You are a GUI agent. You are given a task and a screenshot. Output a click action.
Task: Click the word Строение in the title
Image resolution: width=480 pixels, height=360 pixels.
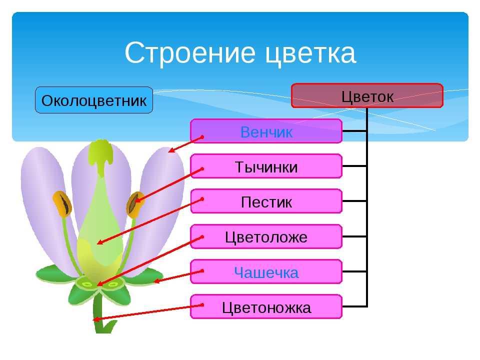[x=190, y=52]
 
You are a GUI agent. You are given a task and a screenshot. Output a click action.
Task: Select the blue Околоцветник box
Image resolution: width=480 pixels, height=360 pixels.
[x=94, y=100]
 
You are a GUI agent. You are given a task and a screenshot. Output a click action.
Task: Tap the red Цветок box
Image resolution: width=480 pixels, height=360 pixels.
[x=367, y=96]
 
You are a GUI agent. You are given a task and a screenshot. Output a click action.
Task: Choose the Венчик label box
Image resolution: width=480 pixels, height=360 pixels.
[x=266, y=131]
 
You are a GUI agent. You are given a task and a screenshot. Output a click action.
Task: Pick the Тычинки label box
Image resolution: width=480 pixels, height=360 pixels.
[x=266, y=166]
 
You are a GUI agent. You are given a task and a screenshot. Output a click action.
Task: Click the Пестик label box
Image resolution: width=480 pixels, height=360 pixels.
[x=266, y=201]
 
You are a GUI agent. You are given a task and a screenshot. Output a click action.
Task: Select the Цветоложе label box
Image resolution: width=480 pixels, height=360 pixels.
[x=266, y=236]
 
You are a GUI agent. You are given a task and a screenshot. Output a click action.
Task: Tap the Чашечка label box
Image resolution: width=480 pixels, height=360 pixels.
[x=266, y=272]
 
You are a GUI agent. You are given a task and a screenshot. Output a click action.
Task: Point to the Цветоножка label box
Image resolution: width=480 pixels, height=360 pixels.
[x=266, y=306]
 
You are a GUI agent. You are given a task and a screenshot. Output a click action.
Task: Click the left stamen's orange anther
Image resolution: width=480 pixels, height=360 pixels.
[x=62, y=204]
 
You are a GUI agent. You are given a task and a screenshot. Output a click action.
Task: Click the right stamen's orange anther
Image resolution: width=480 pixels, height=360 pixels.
[x=135, y=205]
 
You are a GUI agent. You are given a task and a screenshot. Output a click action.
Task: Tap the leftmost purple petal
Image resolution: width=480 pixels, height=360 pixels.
[x=46, y=208]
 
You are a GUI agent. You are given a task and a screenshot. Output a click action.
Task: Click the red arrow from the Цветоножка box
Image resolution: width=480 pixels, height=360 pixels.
[x=148, y=312]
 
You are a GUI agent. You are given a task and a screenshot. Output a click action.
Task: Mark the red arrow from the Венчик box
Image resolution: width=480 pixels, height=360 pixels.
[x=186, y=144]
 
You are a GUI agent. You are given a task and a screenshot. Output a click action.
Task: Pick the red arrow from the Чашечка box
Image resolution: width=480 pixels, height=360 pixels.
[x=178, y=276]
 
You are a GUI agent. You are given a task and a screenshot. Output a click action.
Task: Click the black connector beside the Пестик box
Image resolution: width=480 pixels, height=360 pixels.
[x=354, y=201]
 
